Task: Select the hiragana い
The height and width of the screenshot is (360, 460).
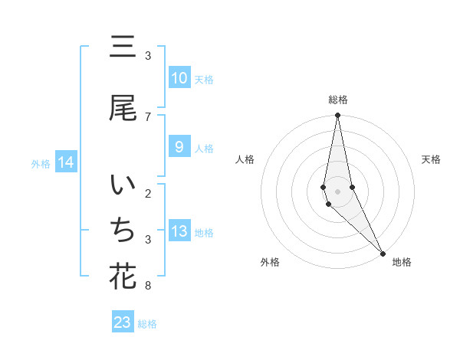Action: (x=123, y=186)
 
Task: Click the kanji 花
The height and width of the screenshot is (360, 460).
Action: (x=123, y=277)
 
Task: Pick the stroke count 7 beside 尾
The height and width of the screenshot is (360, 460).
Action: (x=148, y=116)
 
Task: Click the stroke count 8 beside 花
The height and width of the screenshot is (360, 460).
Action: (x=148, y=286)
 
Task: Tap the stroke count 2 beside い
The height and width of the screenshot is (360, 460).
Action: (x=148, y=193)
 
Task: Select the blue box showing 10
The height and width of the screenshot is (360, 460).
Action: (x=179, y=78)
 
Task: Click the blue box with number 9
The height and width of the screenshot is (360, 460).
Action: (x=179, y=147)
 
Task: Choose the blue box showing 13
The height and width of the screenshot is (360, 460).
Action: (x=179, y=231)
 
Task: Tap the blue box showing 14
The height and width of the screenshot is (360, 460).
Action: (x=65, y=162)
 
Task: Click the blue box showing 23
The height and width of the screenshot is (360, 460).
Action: (x=123, y=322)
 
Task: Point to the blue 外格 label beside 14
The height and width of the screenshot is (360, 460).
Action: (x=41, y=163)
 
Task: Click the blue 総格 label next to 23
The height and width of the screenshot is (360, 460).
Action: (x=147, y=324)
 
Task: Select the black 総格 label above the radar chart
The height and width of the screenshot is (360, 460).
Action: (x=338, y=100)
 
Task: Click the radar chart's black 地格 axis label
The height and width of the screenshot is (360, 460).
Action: (x=402, y=262)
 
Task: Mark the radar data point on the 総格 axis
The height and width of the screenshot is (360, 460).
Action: (x=338, y=116)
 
